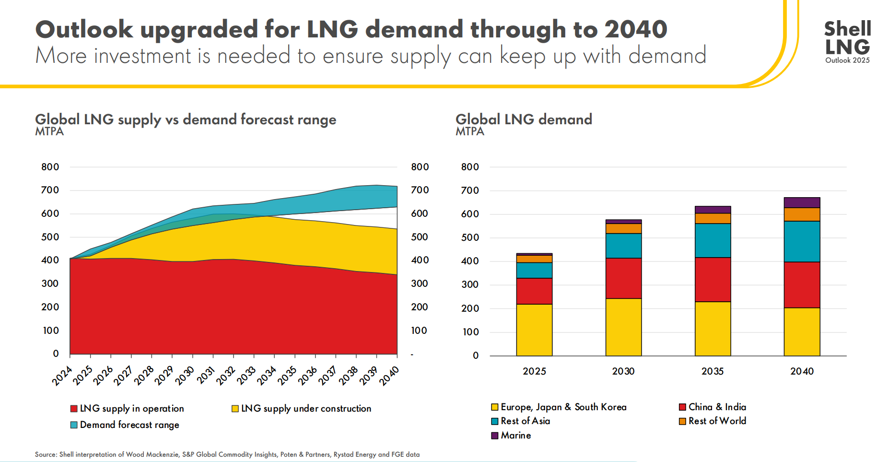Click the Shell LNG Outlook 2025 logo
point(847,42)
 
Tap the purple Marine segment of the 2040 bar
point(802,202)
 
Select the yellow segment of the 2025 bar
point(534,330)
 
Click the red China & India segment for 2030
point(623,278)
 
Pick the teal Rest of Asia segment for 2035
point(713,240)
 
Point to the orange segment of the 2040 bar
point(802,214)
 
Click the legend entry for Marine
point(511,435)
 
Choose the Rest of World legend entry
point(713,421)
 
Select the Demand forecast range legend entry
point(125,425)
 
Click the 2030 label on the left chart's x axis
point(185,375)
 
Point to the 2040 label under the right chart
point(802,371)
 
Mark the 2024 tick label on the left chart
point(62,376)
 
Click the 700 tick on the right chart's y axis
point(469,190)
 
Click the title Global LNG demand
point(524,119)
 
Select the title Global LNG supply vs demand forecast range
point(186,119)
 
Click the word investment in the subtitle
point(142,56)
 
